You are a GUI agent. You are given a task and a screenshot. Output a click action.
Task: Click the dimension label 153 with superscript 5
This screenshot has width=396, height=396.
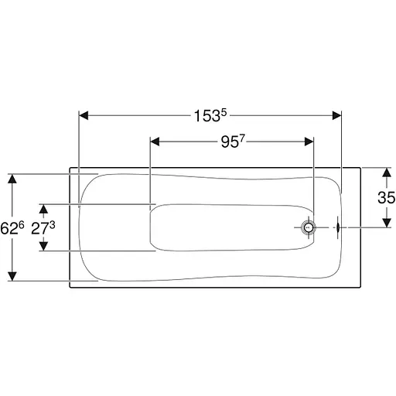click(x=210, y=116)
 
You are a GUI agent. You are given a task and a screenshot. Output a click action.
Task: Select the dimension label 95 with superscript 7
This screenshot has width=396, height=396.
click(x=232, y=142)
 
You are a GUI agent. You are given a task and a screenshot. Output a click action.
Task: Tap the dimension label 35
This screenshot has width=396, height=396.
click(x=386, y=197)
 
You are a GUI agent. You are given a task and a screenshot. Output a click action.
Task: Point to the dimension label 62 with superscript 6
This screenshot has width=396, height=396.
click(x=12, y=228)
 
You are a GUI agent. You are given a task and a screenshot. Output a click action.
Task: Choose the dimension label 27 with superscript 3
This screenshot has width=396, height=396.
click(x=43, y=228)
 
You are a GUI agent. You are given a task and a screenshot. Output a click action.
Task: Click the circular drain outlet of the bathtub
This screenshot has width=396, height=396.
click(x=309, y=227)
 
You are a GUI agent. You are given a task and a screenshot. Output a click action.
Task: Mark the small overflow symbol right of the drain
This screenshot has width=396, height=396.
click(x=338, y=227)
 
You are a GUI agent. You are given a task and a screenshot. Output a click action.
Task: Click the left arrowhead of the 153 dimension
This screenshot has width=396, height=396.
click(x=84, y=116)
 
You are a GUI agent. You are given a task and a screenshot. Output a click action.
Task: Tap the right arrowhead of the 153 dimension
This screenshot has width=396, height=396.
click(x=336, y=116)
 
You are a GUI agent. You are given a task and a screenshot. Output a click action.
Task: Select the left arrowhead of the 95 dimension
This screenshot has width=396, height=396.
click(x=155, y=142)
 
